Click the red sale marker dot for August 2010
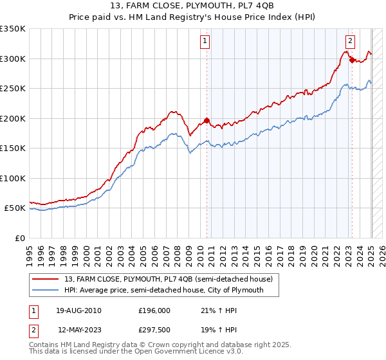point(207,121)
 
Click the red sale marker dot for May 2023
point(352,60)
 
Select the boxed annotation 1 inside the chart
point(205,42)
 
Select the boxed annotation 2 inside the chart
point(350,42)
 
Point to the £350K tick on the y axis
point(13,29)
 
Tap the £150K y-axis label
point(13,148)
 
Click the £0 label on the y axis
point(20,239)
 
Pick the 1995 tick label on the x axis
point(30,256)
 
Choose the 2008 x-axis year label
point(178,256)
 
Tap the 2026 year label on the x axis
point(382,256)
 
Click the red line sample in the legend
point(45,279)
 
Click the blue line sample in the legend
point(45,290)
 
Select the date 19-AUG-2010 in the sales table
point(78,310)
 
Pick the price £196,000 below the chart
point(154,310)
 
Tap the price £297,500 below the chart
point(154,330)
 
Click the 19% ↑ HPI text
point(219,330)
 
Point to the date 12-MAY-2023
point(80,330)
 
